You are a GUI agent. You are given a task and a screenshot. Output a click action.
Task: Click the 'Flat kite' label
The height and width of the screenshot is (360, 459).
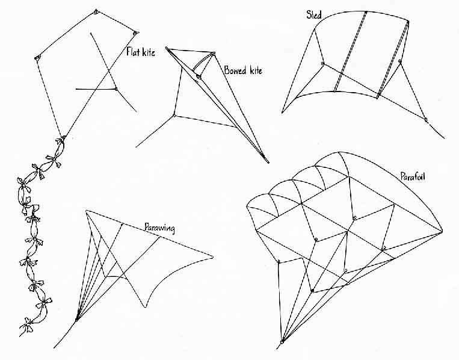coord(141,52)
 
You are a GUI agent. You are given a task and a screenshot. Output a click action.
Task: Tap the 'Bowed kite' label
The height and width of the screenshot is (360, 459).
coord(243,70)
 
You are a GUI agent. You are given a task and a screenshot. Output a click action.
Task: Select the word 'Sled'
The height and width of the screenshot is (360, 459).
coord(314,14)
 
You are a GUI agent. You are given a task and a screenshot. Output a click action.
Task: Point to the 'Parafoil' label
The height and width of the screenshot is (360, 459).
coord(413,176)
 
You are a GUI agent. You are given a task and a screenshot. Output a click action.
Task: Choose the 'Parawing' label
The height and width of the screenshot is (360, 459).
coord(160,228)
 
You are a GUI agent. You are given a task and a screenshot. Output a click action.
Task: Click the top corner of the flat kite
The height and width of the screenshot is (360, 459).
coord(96,11)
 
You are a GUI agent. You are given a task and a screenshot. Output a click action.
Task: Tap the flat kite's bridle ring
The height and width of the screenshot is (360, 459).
coord(116,88)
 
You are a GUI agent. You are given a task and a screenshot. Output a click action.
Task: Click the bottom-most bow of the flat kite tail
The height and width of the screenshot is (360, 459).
coord(27,326)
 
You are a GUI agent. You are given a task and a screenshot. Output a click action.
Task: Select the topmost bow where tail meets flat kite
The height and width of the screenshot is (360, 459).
coord(61,141)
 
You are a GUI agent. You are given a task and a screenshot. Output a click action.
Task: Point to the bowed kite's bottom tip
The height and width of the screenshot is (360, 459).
coord(268,162)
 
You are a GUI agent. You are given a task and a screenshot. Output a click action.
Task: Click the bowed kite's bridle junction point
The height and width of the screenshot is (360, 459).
coord(174,115)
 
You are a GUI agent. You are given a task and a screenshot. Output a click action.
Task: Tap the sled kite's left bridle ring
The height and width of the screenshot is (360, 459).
coord(323,63)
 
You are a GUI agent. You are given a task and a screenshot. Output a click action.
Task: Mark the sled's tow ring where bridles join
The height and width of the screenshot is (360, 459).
coord(426,120)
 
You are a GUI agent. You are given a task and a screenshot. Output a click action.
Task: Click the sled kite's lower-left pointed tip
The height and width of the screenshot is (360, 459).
coord(282,113)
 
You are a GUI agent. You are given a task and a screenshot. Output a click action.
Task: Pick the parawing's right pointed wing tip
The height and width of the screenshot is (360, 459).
coord(213,258)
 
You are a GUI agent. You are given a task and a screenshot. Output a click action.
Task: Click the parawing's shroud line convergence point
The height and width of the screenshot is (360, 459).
coord(76,320)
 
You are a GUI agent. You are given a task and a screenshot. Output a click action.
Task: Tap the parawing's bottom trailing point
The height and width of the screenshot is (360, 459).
coord(146,307)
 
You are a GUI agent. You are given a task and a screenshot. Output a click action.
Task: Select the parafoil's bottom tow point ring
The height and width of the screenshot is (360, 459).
coord(283,342)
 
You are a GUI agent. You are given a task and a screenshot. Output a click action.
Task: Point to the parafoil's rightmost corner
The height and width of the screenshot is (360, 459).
coord(442,231)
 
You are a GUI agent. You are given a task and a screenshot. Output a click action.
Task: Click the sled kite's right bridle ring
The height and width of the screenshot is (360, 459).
coord(400,61)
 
